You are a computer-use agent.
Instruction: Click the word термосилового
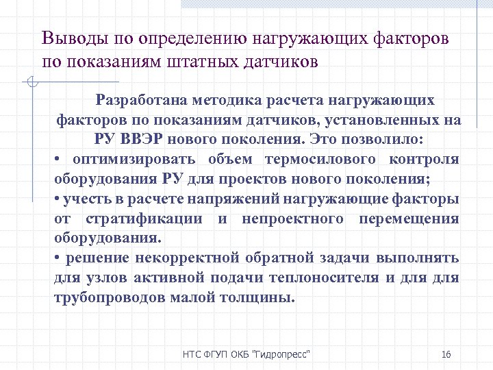tap(329, 160)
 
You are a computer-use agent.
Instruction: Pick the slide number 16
tap(446, 354)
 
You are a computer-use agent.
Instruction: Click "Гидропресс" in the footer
tap(282, 354)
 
